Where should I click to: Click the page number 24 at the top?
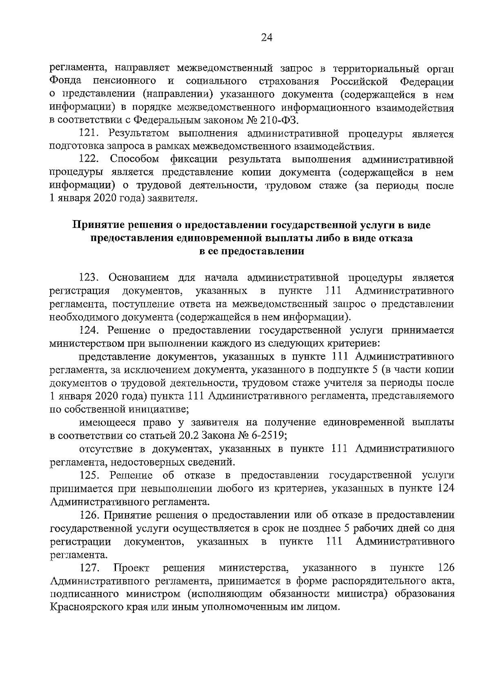[266, 38]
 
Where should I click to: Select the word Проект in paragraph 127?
[131, 568]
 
